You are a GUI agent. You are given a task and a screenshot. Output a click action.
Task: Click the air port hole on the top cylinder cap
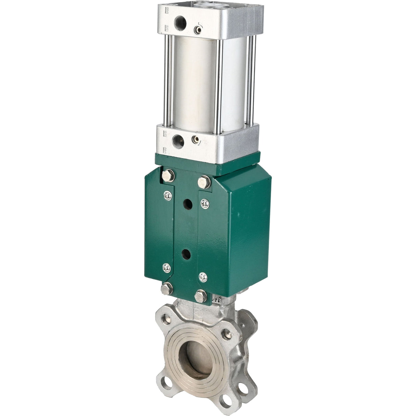pyautogui.click(x=180, y=23)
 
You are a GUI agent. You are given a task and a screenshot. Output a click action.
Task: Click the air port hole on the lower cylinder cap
pyautogui.click(x=178, y=140)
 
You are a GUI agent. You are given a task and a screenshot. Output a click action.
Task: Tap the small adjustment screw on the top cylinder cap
pyautogui.click(x=198, y=30)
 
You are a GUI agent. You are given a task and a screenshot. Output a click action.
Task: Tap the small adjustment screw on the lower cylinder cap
pyautogui.click(x=195, y=139)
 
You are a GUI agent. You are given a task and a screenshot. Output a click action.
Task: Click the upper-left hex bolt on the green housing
pyautogui.click(x=168, y=176)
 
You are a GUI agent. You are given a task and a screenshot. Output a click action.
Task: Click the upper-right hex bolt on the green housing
pyautogui.click(x=204, y=182)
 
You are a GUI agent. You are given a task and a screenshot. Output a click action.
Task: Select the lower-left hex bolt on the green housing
pyautogui.click(x=167, y=289)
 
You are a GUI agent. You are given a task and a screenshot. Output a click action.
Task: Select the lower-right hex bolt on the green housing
pyautogui.click(x=200, y=295)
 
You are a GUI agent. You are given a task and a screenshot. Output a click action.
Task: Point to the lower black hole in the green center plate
pyautogui.click(x=186, y=254)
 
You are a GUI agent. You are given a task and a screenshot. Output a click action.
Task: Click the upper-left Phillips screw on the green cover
pyautogui.click(x=168, y=196)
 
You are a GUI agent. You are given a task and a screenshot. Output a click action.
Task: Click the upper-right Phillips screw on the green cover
pyautogui.click(x=205, y=204)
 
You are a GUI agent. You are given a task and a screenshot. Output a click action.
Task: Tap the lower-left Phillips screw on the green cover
pyautogui.click(x=167, y=268)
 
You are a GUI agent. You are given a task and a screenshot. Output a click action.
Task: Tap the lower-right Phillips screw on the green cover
pyautogui.click(x=203, y=277)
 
